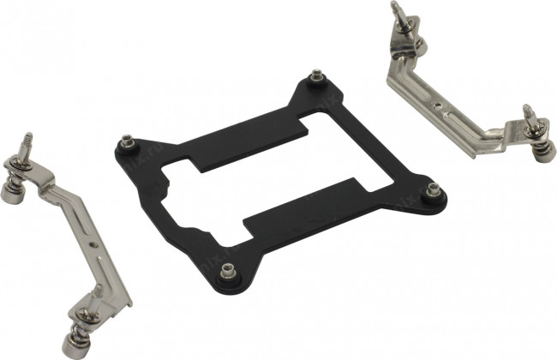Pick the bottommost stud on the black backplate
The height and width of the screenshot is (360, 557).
(228, 273)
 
